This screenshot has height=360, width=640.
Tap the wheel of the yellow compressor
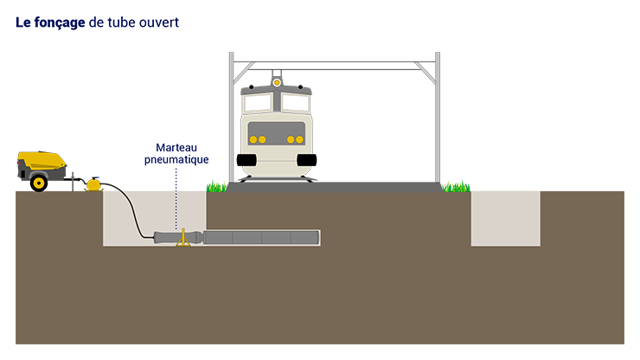pos(38,182)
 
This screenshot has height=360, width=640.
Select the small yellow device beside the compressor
pos(93,184)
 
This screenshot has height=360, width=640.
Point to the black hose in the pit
pos(130,212)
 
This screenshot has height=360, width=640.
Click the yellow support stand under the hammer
pos(182,238)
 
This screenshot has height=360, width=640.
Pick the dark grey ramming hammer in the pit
pos(177,236)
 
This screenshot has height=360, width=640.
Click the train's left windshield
pos(258,103)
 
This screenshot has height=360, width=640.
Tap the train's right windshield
pos(295,103)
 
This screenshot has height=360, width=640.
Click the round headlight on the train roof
pos(277,82)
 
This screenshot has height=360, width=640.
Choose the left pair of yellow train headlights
pos(258,139)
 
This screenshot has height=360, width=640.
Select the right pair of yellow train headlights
pos(296,139)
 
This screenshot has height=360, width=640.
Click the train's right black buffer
pos(307,159)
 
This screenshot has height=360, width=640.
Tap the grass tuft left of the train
pos(214,182)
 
